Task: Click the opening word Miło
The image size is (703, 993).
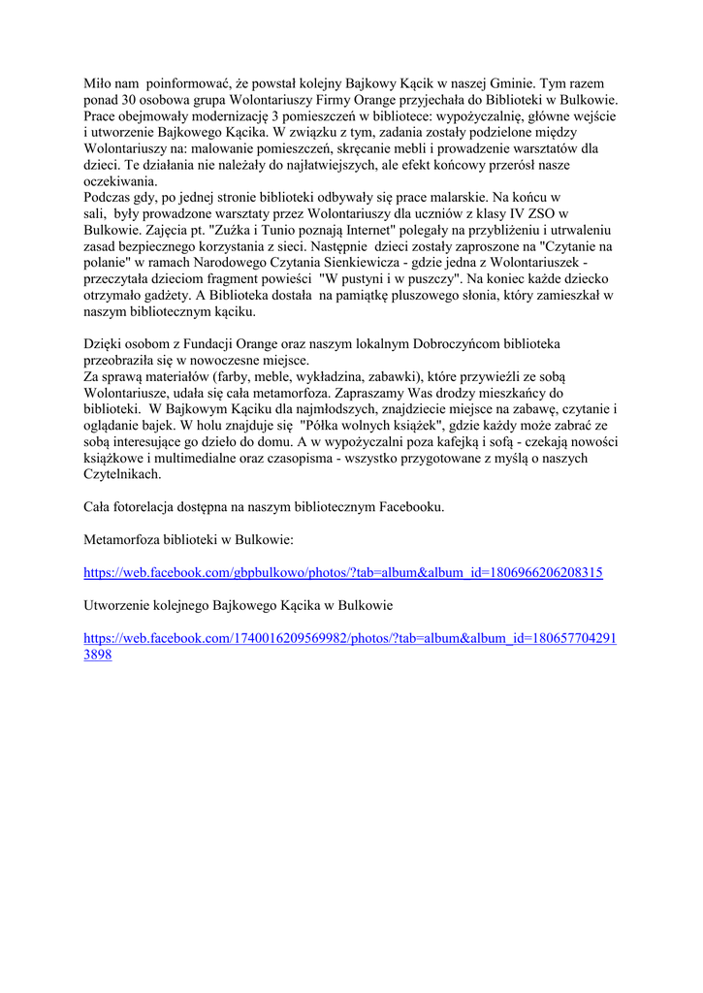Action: (x=99, y=84)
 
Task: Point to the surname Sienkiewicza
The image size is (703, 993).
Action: (x=365, y=263)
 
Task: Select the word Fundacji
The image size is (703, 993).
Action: (x=215, y=344)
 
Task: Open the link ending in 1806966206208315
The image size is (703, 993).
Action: (x=343, y=573)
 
